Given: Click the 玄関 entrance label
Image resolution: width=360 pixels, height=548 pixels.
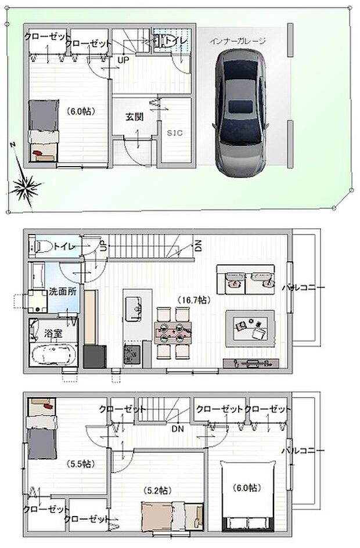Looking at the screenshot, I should pyautogui.click(x=135, y=116).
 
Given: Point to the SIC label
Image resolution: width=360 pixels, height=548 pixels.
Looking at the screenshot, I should pyautogui.click(x=175, y=133).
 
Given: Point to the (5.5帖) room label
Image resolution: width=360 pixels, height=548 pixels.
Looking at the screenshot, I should pyautogui.click(x=79, y=464).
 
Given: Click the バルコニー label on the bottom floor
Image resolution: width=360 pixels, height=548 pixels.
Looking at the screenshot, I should pyautogui.click(x=303, y=450).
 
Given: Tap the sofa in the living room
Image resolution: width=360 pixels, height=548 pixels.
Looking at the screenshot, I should pyautogui.click(x=244, y=280).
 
